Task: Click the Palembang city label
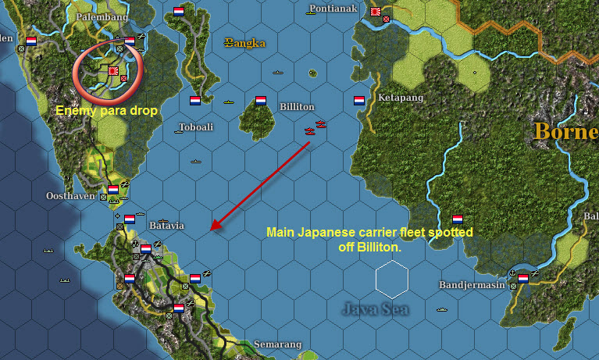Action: (x=100, y=16)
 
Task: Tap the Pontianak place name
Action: (x=333, y=9)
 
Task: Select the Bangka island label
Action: (x=244, y=43)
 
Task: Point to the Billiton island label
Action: (x=297, y=107)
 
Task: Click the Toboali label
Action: (x=196, y=127)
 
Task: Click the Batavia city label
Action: (x=166, y=226)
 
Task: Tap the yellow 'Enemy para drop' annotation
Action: (x=107, y=112)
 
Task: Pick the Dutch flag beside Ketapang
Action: (x=359, y=101)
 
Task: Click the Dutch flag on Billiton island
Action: (x=261, y=101)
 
